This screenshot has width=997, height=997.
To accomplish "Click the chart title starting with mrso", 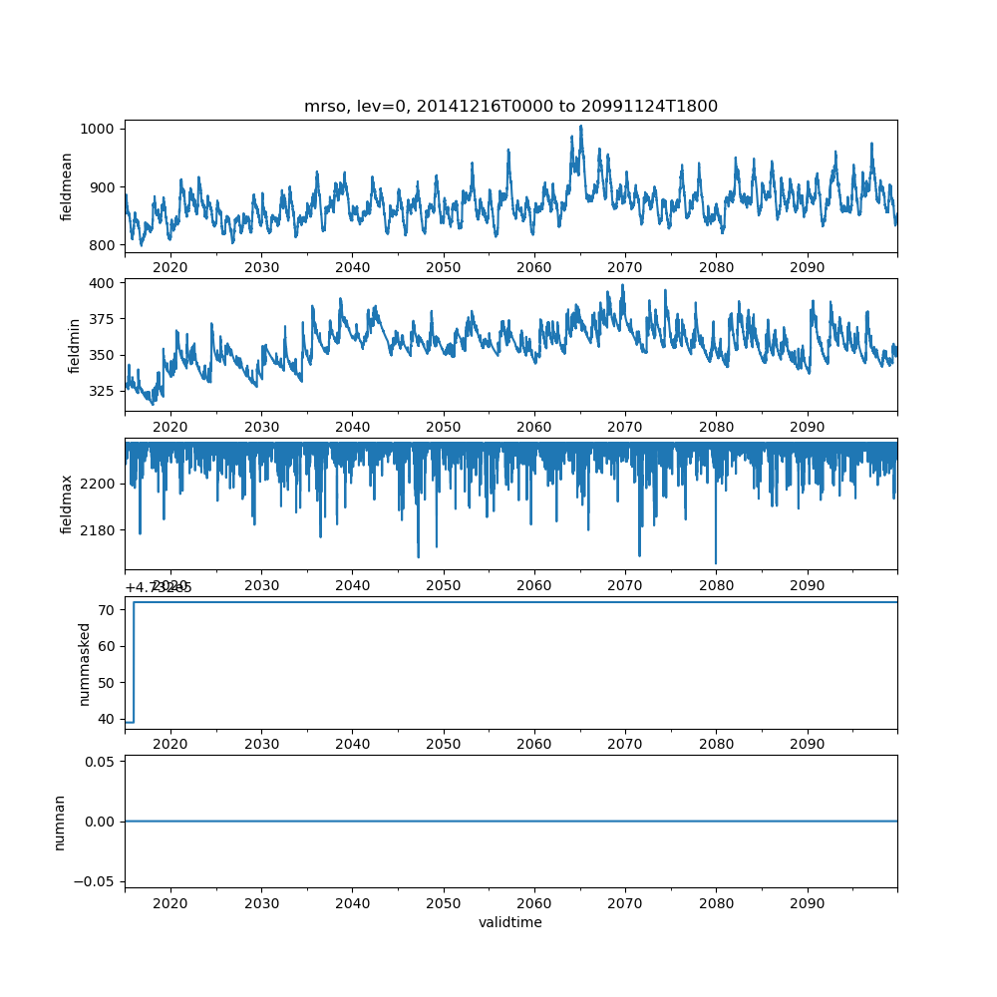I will [x=510, y=107].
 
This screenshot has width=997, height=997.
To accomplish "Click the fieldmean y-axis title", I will [x=67, y=186].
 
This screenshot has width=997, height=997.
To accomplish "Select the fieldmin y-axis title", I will [x=74, y=345].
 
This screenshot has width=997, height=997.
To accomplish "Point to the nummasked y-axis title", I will [x=85, y=663].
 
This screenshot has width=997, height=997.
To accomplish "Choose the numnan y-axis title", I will [x=60, y=822].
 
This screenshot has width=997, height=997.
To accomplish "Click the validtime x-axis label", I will [x=510, y=923].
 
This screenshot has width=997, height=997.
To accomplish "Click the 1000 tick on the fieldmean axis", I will [x=102, y=129].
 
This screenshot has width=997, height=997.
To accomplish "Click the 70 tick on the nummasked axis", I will [x=110, y=609].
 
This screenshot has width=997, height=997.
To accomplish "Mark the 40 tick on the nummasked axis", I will [x=110, y=720].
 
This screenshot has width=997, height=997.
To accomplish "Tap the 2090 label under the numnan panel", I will [x=807, y=902].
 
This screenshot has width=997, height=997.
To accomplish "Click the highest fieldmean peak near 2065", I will [x=581, y=127].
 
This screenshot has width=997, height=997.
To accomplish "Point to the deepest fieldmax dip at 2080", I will [x=716, y=563].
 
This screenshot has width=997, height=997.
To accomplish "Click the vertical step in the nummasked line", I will [x=134, y=662].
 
